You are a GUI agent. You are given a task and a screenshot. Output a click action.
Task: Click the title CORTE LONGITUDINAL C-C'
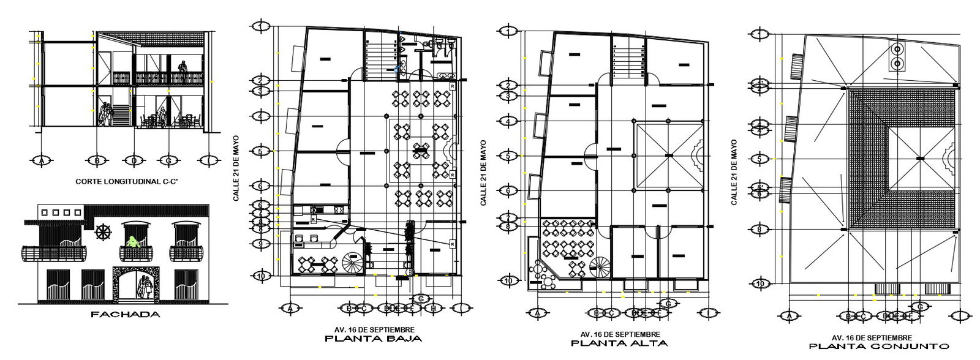(122, 182)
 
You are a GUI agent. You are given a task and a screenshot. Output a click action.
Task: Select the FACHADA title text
(125, 315)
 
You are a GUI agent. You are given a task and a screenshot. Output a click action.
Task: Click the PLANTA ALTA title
(620, 343)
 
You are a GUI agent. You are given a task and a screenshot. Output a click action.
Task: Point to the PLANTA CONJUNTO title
(872, 347)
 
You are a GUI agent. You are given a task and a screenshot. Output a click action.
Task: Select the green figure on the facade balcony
(131, 242)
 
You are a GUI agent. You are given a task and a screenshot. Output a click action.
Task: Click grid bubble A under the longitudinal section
(42, 160)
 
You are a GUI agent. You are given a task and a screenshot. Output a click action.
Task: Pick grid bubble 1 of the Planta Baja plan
(262, 26)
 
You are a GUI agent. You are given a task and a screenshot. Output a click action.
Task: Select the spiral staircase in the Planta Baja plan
(353, 264)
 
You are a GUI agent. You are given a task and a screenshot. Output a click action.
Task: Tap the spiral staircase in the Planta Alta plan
(600, 266)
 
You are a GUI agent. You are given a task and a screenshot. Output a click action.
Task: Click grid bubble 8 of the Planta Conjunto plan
(759, 230)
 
